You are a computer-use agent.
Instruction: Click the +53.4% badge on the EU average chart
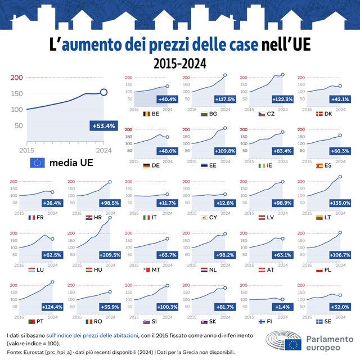pos(102,126)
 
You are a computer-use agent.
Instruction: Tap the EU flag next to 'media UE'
pos(37,163)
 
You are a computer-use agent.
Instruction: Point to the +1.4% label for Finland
pos(281,307)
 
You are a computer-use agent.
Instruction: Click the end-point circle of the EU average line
pos(104,92)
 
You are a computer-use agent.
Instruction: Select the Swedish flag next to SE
pos(319,322)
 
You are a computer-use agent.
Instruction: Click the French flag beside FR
pos(32,218)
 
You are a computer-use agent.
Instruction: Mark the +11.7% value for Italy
pos(167,202)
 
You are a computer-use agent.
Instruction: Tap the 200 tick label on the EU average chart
pos(16,78)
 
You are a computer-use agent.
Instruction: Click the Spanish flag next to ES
pos(319,166)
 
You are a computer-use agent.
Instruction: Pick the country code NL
pos(213,270)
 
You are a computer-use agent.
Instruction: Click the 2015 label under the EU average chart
pos(27,150)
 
